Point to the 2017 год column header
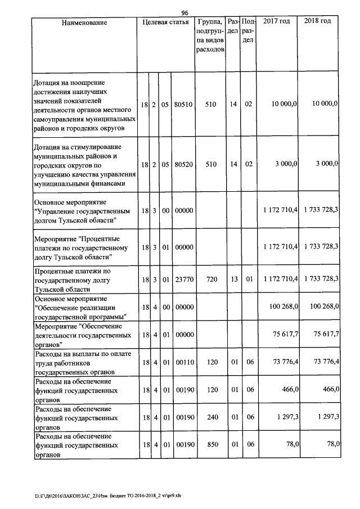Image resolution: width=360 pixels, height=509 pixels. point(277,21)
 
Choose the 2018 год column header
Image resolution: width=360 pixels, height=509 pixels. point(317,21)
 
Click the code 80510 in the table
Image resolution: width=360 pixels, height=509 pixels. point(183,104)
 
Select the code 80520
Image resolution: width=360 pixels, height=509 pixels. point(183,164)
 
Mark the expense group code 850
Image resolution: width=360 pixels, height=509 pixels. point(211,445)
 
